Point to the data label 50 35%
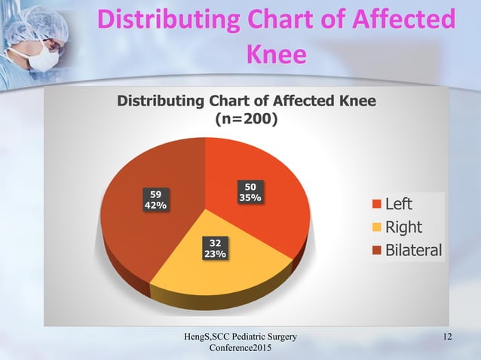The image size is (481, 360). (250, 192)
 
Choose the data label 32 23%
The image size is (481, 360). (216, 249)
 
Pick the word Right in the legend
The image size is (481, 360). (404, 227)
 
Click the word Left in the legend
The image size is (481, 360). (400, 205)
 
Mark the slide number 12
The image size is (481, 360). (450, 336)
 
